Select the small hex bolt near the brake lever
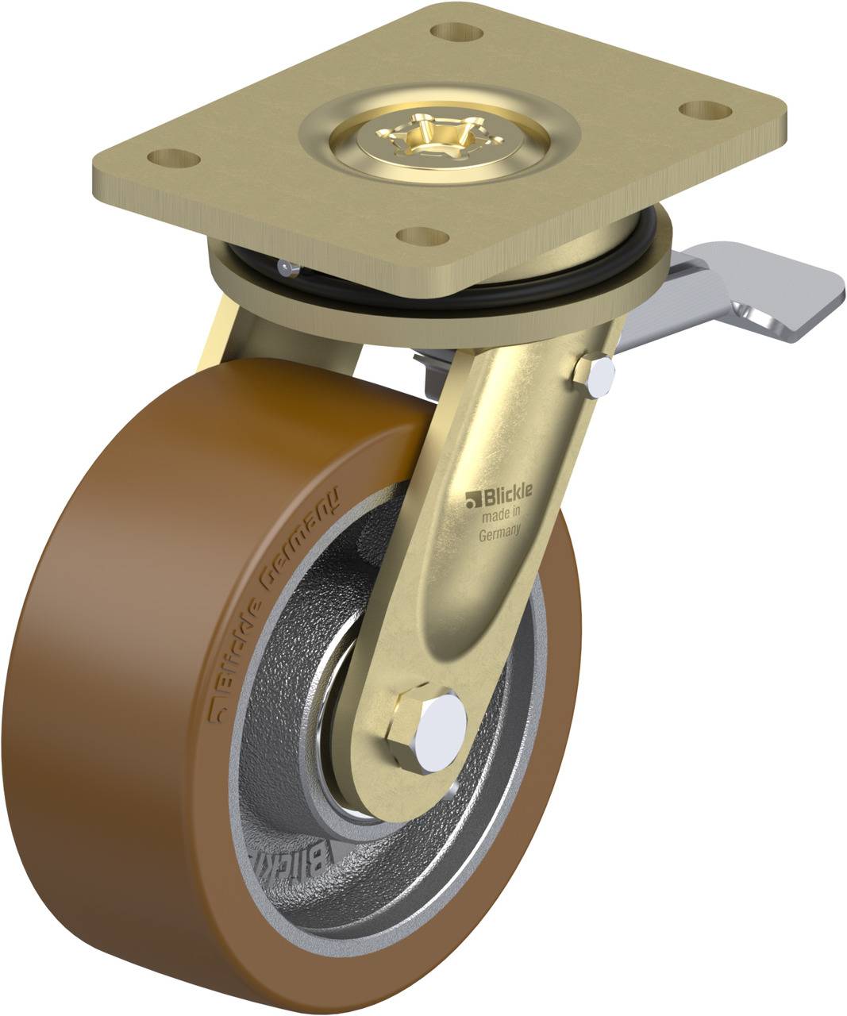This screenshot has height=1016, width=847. pos(595,373)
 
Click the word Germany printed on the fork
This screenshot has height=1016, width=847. pos(499,533)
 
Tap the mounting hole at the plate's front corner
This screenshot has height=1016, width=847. pos(421,236)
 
